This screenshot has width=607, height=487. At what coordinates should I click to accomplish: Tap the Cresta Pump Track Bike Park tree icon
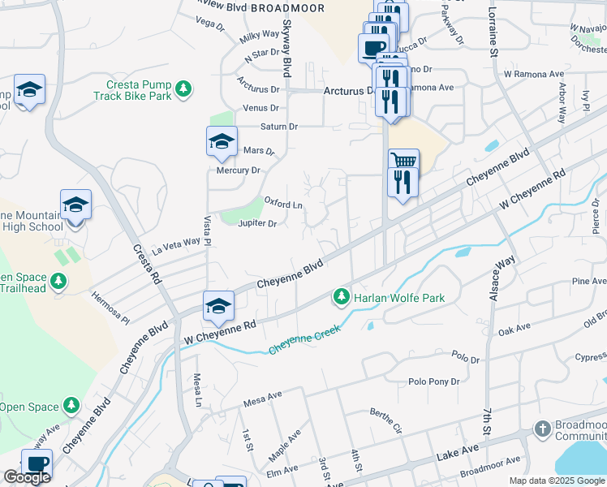coord(185,88)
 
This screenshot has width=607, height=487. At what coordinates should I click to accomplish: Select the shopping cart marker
coord(403,160)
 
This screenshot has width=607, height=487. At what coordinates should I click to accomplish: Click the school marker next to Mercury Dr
coord(222,143)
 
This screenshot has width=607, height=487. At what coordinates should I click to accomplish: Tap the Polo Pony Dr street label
coord(433,381)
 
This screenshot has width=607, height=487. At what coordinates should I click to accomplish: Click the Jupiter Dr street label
coord(257,223)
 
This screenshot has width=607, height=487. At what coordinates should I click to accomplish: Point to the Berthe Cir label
coord(386,420)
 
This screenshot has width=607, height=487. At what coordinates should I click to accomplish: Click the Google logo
coord(27,477)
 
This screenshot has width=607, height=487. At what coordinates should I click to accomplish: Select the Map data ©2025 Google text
coord(556,481)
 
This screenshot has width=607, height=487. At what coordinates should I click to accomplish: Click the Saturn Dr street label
coord(279,127)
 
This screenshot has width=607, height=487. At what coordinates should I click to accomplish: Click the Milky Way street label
coord(260,37)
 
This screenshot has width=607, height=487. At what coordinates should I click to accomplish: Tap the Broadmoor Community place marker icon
coord(543,428)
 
